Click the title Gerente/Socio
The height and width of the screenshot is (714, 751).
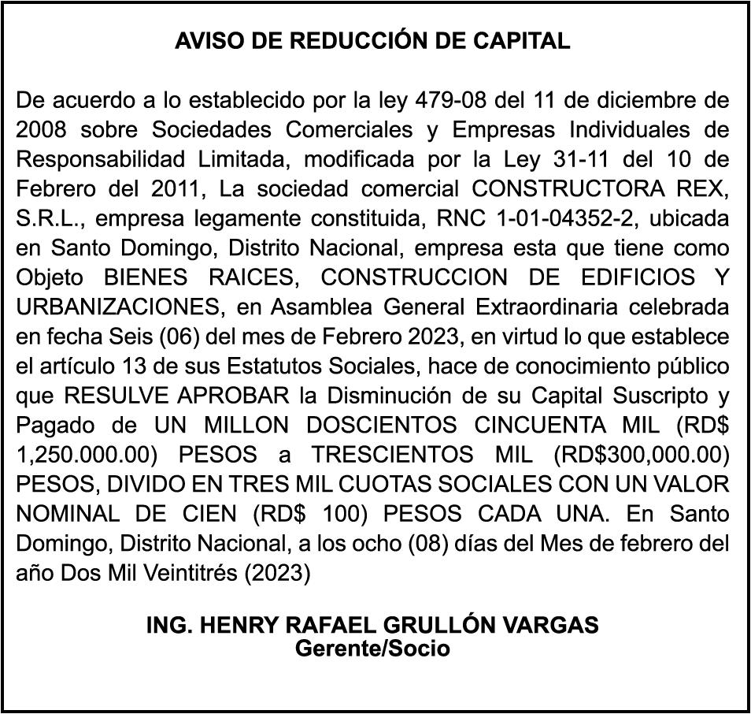click(x=372, y=649)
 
